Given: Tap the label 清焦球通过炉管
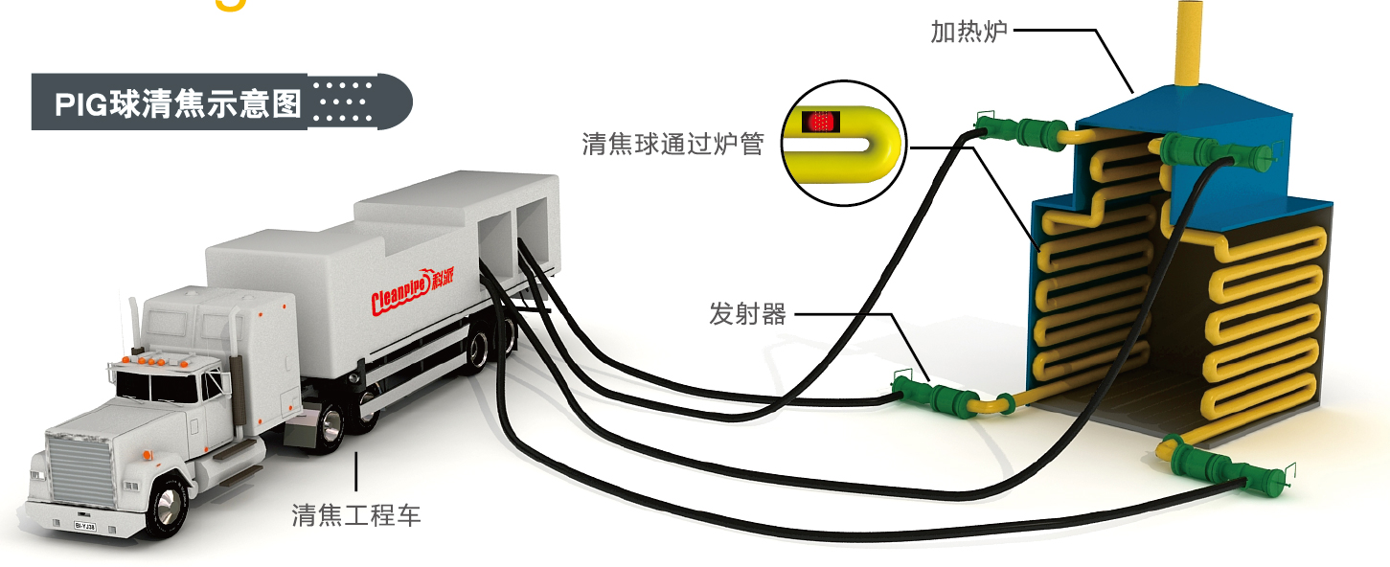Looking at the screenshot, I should pos(672,145).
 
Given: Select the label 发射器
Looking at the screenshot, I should pos(747,313).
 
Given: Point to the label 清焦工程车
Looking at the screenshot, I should pos(356,515).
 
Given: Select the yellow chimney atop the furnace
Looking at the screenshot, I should pos(1188,43).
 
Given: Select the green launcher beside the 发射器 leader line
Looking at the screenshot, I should pos(934,394).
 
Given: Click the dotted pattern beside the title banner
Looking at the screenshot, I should pos(343,102).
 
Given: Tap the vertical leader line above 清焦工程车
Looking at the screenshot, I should pos(356,471).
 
